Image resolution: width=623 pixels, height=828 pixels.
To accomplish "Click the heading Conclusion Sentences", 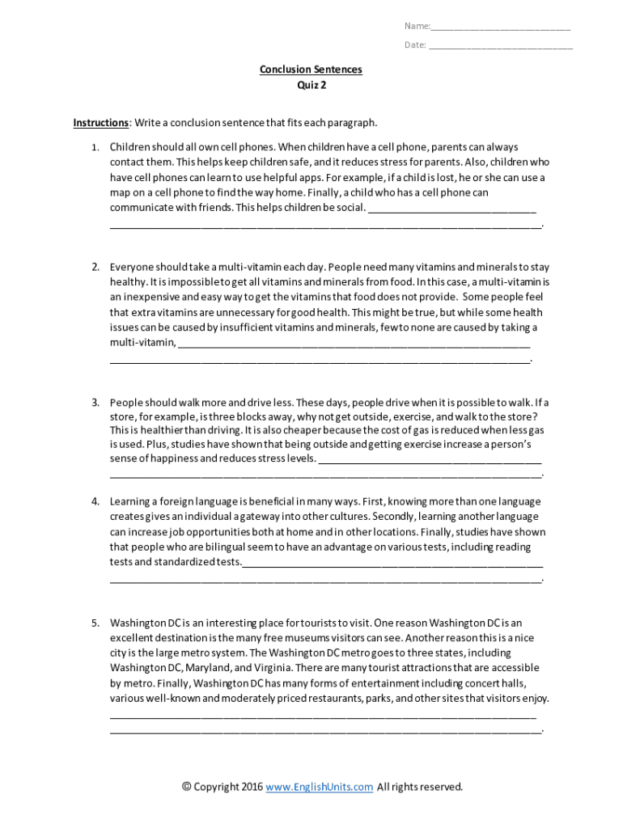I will [311, 70].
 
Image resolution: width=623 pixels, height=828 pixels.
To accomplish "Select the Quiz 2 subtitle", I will [311, 85].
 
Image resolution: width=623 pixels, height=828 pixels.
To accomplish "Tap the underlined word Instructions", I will [100, 123].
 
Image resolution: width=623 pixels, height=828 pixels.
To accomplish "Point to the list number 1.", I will [94, 148].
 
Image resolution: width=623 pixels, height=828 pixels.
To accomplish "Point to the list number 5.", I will [94, 623].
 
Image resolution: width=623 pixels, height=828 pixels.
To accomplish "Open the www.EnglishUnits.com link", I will [319, 787].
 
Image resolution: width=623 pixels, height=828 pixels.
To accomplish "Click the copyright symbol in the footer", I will [187, 787].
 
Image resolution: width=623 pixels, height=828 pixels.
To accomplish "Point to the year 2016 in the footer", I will [249, 787].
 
